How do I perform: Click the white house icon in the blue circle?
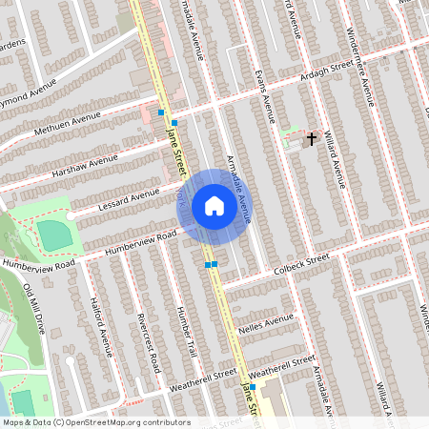click(214, 206)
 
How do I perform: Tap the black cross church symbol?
click(310, 139)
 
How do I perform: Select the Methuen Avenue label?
click(67, 124)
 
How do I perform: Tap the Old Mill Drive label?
click(34, 306)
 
